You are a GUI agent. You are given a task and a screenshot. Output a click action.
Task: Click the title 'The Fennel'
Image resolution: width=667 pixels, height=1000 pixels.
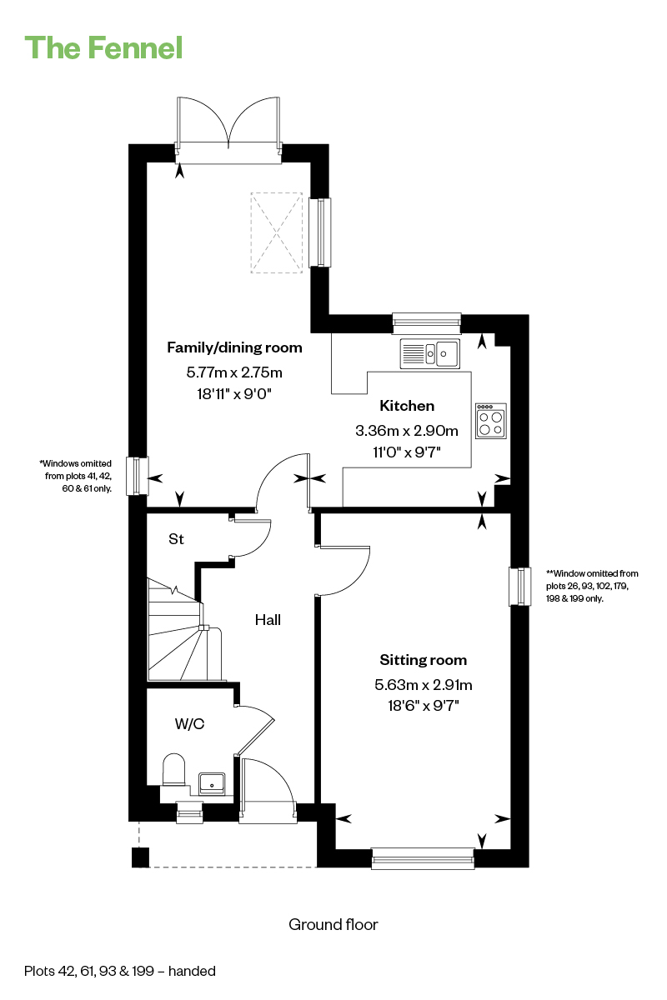pos(103,47)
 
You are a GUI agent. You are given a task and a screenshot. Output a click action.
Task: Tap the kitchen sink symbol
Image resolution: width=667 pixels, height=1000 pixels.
pos(429,353)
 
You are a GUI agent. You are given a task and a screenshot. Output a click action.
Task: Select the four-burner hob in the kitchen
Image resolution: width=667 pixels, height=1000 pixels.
pos(491,421)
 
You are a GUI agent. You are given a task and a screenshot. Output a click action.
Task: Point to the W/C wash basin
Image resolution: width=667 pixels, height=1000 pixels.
pos(212,784)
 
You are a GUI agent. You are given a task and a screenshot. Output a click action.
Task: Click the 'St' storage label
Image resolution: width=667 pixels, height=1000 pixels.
pos(176,539)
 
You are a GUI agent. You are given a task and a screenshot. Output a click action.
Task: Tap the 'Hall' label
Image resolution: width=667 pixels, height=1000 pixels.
pos(268,620)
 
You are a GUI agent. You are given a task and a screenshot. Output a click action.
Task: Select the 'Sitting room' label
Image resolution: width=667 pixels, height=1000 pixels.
pos(423,660)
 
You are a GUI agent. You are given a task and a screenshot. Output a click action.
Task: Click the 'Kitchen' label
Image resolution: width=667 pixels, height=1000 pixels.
pos(407,406)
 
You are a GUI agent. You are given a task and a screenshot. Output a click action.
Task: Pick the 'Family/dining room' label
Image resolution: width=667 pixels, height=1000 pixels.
pos(234,347)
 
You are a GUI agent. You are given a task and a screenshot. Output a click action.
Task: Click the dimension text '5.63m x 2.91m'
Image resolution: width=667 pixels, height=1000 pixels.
pos(423,684)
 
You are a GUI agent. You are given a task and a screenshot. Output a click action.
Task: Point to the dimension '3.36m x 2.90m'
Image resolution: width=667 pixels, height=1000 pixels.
pos(407,430)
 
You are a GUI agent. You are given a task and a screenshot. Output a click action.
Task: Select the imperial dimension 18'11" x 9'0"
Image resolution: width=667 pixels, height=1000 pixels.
pos(234,393)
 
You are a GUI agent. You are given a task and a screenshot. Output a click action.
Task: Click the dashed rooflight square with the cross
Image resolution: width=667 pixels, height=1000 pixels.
pos(277,232)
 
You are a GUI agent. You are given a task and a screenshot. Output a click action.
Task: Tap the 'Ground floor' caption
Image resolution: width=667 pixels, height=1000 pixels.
pos(333,924)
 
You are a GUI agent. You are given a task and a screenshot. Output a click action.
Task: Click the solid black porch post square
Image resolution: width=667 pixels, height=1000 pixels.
pos(140,857)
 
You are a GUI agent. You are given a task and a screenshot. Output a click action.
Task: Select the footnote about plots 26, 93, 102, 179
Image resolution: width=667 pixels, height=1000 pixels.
pos(592,586)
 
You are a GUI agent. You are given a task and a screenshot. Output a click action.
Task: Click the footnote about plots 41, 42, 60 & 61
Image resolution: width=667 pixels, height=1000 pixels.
pos(76,476)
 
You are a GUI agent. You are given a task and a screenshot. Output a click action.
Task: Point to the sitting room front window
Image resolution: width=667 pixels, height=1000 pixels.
pos(423,858)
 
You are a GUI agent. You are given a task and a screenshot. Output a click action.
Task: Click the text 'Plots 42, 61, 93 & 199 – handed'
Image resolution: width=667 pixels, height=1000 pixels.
pos(120,971)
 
